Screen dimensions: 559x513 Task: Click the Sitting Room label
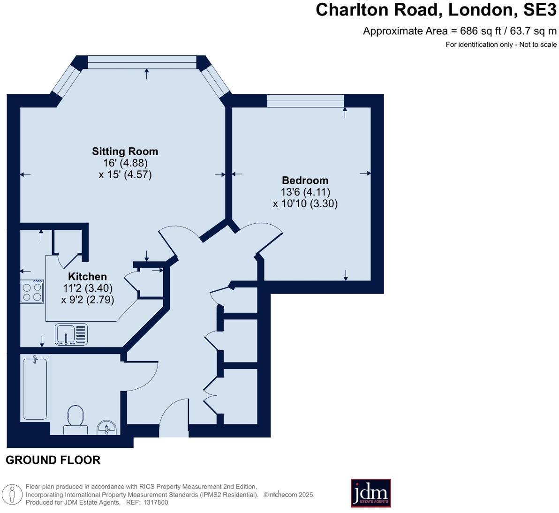click(x=125, y=151)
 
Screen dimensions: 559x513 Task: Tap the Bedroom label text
click(x=305, y=181)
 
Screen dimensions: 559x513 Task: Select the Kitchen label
click(x=87, y=277)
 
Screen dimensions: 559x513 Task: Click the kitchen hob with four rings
click(x=32, y=292)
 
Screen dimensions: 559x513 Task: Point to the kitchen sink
click(x=71, y=334)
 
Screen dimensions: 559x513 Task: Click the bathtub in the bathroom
click(x=35, y=388)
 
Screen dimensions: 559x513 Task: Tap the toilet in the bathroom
click(x=75, y=420)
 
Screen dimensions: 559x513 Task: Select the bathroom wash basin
click(x=106, y=428)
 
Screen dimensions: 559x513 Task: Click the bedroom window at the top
click(x=305, y=100)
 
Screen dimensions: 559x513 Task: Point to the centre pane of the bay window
click(x=142, y=62)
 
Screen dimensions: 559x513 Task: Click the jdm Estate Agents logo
click(x=371, y=493)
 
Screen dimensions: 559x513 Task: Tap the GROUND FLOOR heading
click(x=53, y=460)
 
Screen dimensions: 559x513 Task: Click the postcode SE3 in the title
click(x=539, y=10)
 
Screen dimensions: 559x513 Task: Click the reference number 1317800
click(x=155, y=502)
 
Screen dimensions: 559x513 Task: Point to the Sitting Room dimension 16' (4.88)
click(x=125, y=163)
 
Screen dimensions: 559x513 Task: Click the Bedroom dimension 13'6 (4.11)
click(x=305, y=192)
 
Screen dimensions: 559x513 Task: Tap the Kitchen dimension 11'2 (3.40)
click(x=88, y=288)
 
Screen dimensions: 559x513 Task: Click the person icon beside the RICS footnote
click(x=12, y=495)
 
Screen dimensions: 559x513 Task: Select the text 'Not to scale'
click(x=538, y=45)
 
